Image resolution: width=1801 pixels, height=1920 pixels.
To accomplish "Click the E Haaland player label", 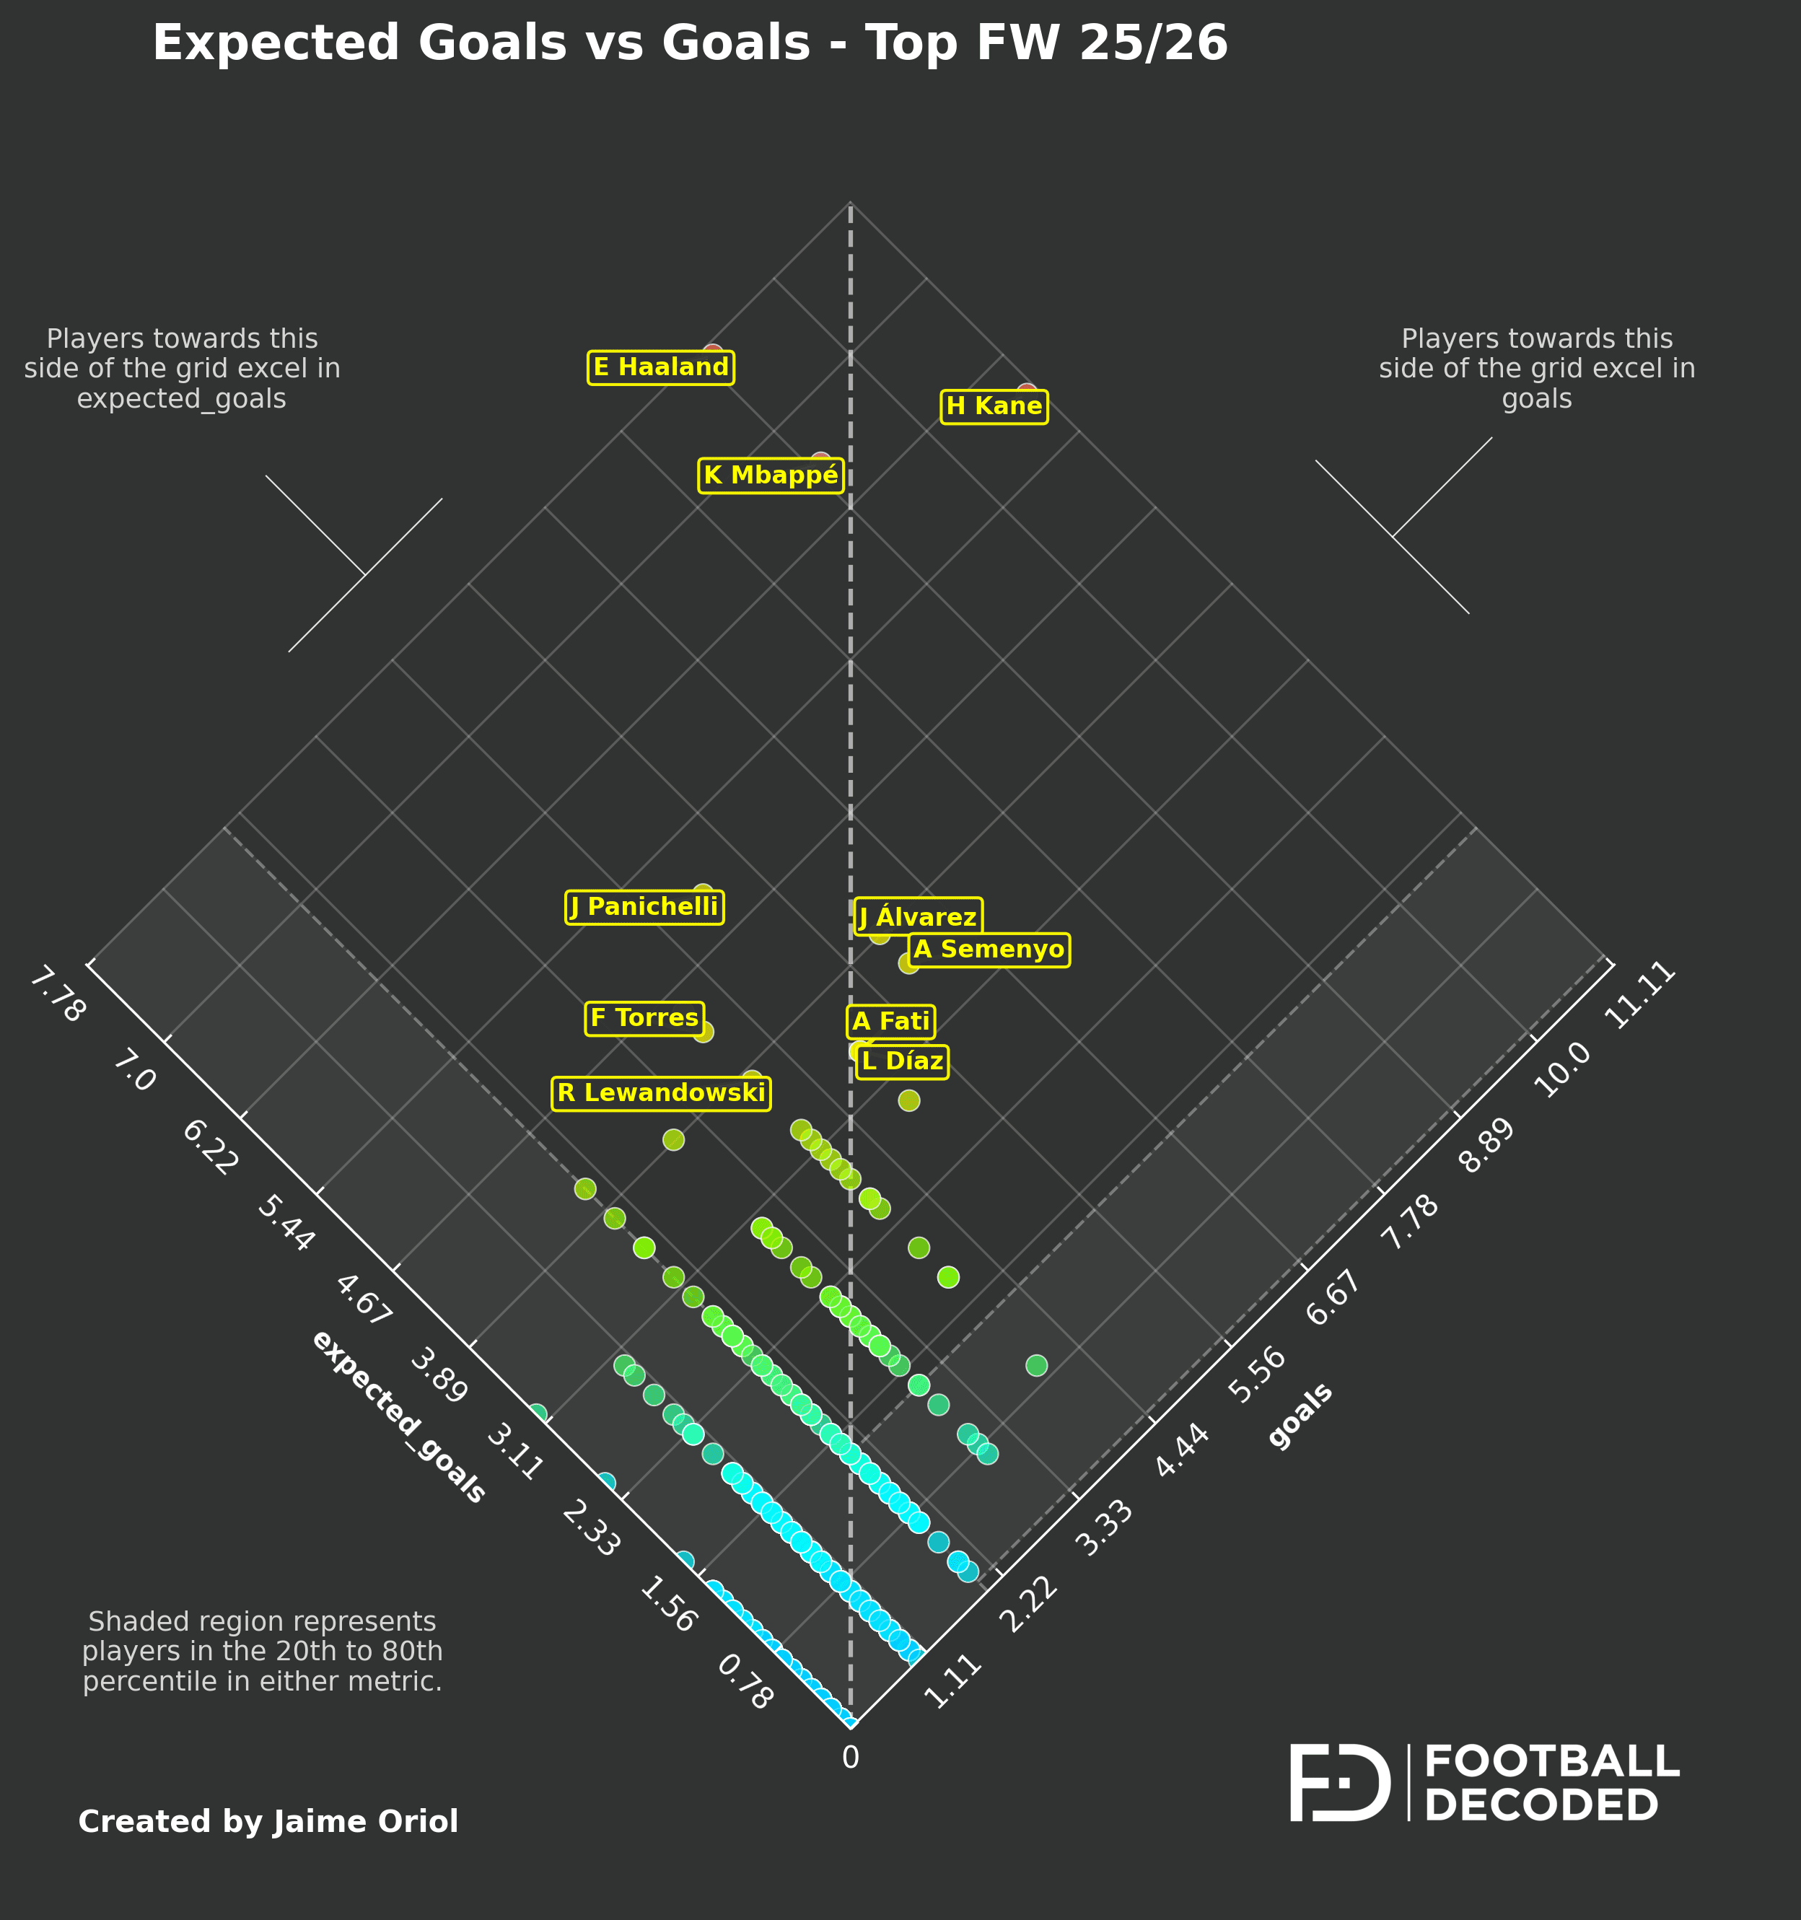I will click(660, 368).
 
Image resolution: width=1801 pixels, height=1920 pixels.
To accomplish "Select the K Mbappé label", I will click(771, 476).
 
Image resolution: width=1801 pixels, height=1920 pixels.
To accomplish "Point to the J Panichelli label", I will click(644, 908).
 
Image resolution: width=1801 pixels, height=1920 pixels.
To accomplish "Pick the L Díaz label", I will click(902, 1062).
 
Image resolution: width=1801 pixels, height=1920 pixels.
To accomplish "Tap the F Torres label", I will click(644, 1019).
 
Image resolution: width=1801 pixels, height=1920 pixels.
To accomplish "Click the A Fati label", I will click(890, 1022).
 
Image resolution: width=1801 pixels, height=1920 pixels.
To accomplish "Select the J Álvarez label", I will click(919, 916).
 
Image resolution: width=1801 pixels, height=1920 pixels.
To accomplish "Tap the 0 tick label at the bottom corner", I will click(850, 1758).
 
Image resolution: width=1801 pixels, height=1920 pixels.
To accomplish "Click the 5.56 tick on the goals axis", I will click(1258, 1375).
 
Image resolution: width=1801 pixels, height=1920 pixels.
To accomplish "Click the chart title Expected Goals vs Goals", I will click(690, 43).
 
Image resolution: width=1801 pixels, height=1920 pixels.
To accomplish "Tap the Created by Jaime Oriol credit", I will click(268, 1821).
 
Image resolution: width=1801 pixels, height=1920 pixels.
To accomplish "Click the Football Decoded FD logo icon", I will click(1339, 1783).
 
